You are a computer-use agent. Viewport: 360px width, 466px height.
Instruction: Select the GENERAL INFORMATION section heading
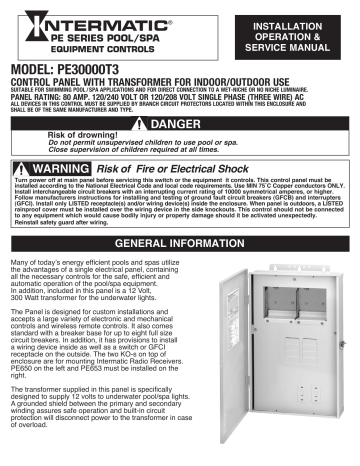(x=179, y=242)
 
